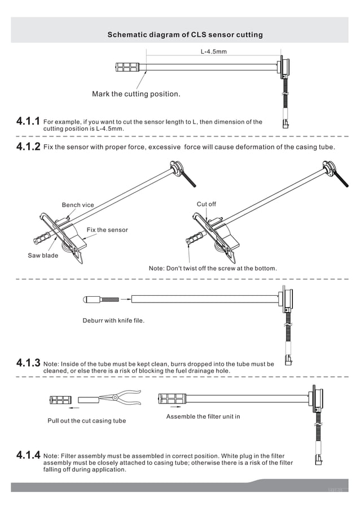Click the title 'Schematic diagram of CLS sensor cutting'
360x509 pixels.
185,34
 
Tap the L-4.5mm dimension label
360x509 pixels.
214,51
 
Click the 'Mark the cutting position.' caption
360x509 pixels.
136,94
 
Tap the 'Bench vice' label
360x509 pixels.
78,205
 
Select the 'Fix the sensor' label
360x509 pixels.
107,230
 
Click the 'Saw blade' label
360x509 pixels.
43,256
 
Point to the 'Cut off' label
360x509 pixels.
206,204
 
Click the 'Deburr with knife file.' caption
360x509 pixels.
113,321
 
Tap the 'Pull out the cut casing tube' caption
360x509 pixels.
86,421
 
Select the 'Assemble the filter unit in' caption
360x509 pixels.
203,416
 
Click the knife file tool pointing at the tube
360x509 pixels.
102,299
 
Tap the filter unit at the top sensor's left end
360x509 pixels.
127,67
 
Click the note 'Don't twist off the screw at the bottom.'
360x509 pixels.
213,268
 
